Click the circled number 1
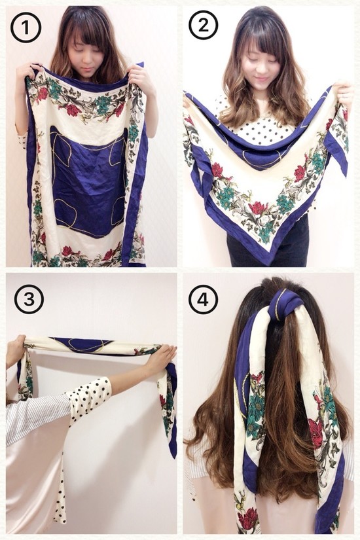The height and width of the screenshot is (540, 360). point(26,27)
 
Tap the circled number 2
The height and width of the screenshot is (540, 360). point(204,25)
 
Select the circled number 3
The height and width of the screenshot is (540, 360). point(29,299)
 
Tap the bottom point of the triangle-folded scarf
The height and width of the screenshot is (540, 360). point(271,264)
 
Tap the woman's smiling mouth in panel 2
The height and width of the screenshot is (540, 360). point(262,79)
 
